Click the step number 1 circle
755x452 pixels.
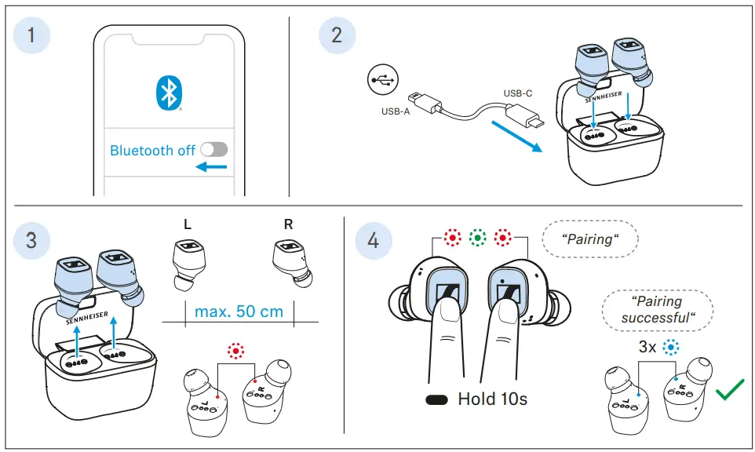[x=31, y=35]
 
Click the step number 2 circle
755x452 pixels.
[x=337, y=35]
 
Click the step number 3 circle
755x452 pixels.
[x=31, y=239]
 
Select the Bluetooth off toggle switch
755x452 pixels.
[x=213, y=150]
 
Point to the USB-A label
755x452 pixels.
[x=396, y=111]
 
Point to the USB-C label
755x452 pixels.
[x=518, y=93]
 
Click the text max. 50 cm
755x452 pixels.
[x=239, y=312]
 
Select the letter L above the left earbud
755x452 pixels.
[x=187, y=224]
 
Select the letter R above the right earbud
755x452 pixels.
[x=288, y=224]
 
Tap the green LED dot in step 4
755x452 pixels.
[x=476, y=237]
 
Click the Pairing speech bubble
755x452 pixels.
[x=590, y=239]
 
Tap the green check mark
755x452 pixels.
[x=730, y=390]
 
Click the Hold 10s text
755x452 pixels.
[x=492, y=399]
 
